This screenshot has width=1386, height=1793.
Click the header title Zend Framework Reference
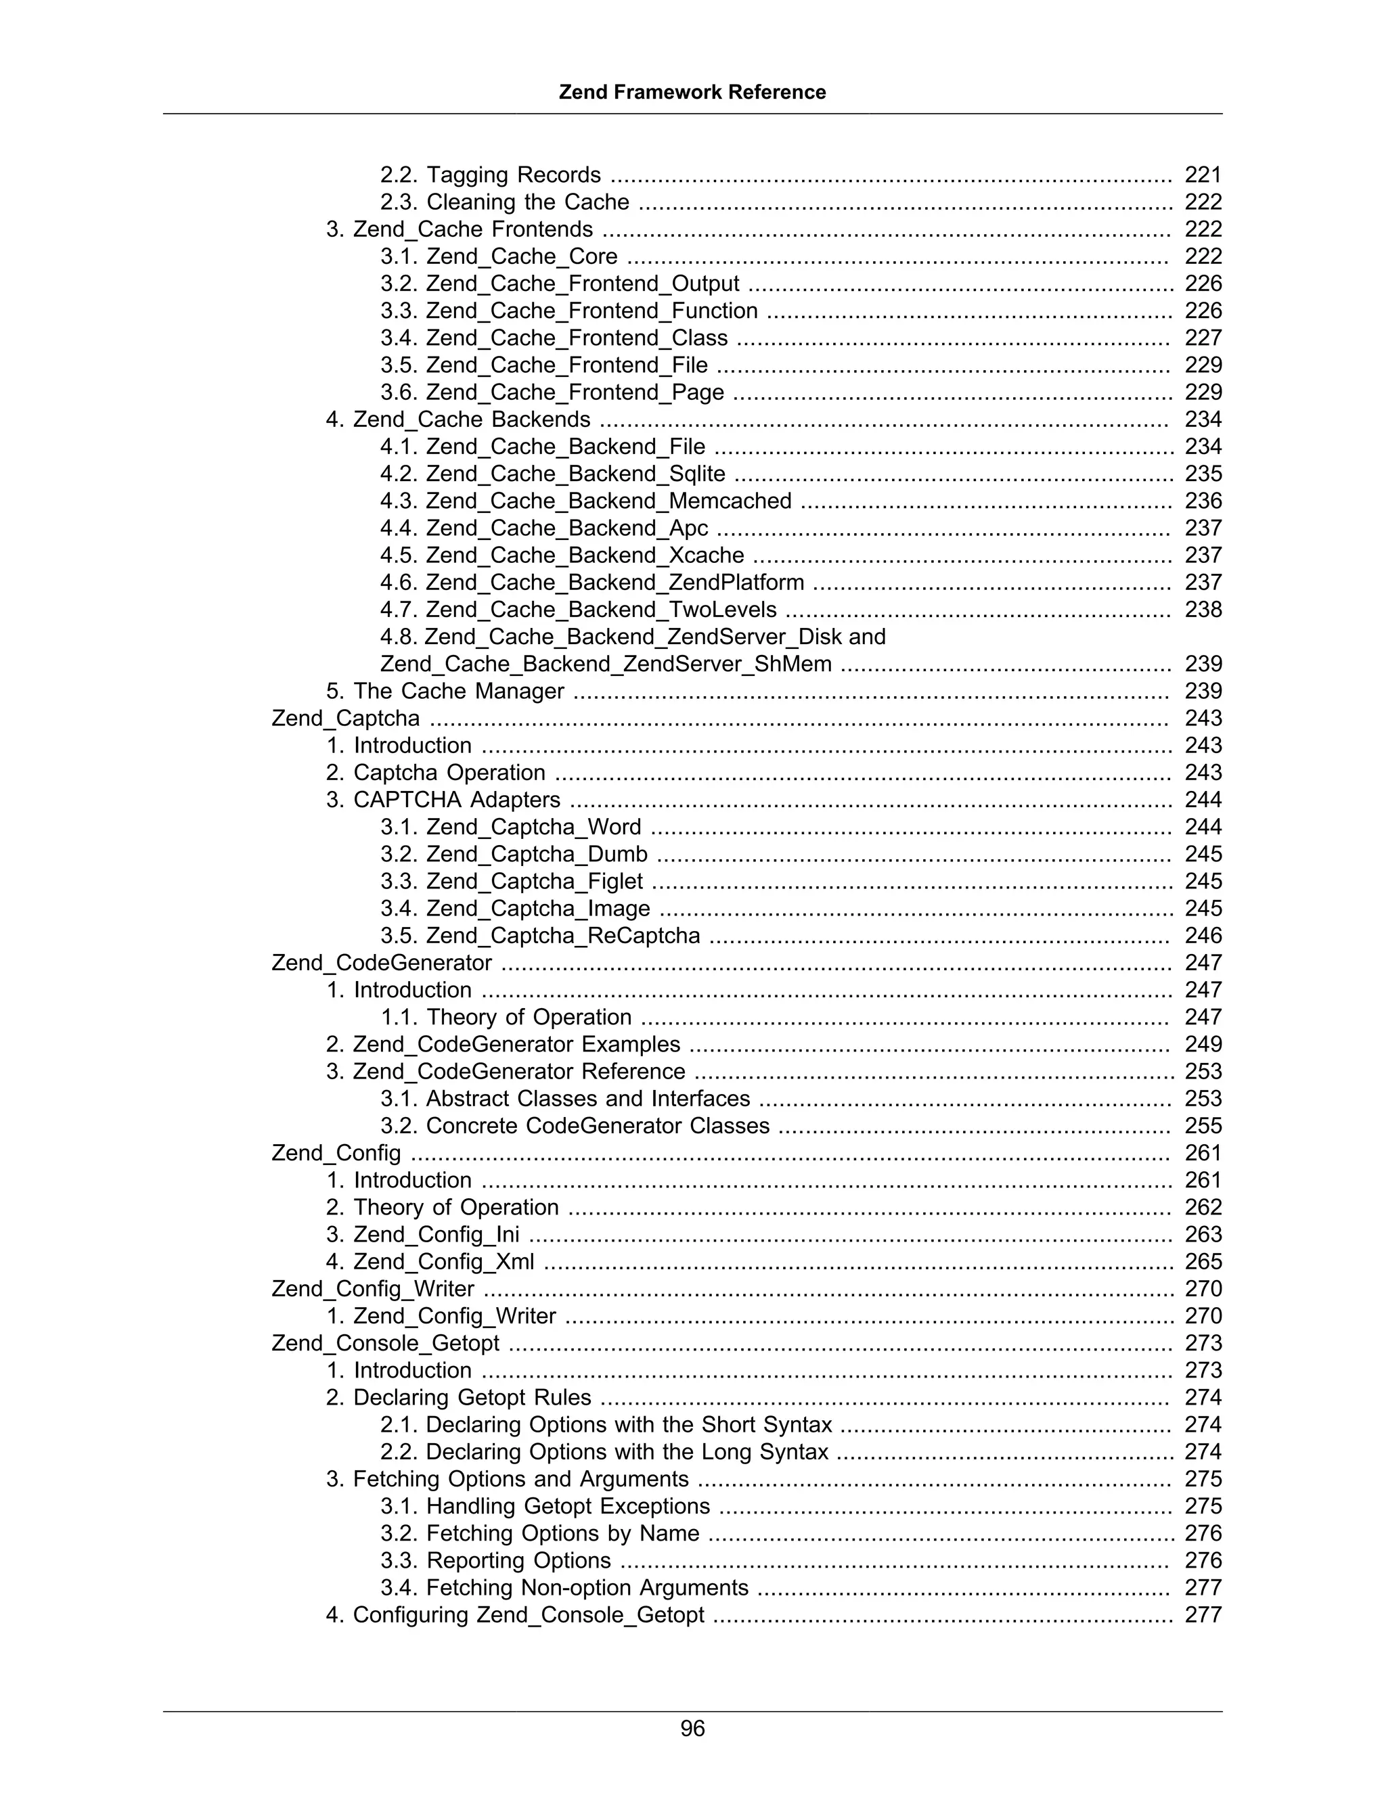[x=692, y=92]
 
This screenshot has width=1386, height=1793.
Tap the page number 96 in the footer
[x=692, y=1728]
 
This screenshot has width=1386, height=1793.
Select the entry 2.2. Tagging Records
[x=490, y=175]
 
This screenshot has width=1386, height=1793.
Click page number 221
[x=1203, y=175]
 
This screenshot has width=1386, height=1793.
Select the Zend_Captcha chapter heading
[x=346, y=719]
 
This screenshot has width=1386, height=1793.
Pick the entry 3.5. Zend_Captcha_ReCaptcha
[x=539, y=936]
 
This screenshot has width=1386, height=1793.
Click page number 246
[x=1203, y=936]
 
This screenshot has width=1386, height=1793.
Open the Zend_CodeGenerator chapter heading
[x=382, y=963]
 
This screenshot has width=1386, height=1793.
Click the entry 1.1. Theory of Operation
[x=506, y=1017]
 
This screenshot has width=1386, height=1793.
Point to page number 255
[x=1203, y=1126]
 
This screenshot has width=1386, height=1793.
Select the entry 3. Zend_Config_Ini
[x=423, y=1235]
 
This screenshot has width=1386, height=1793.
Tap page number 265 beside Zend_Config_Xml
[x=1203, y=1262]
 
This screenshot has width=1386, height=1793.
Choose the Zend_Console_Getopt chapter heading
[x=385, y=1343]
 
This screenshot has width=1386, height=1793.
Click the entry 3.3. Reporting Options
[x=495, y=1561]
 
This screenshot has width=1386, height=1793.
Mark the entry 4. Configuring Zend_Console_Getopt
[x=515, y=1615]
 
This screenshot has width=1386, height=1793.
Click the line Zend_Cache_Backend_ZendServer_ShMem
[x=605, y=664]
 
